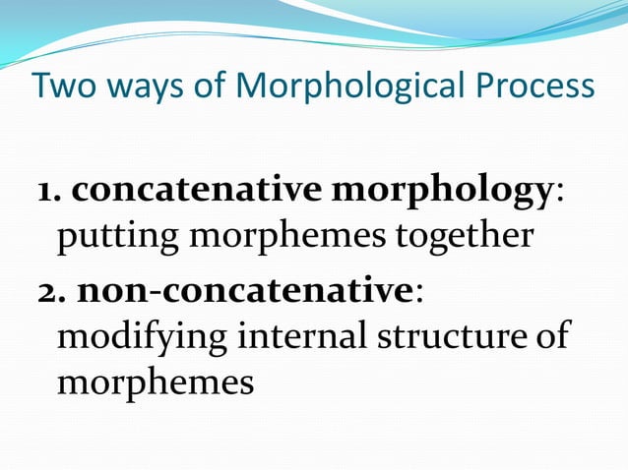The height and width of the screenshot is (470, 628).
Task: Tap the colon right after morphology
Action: [x=560, y=195]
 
